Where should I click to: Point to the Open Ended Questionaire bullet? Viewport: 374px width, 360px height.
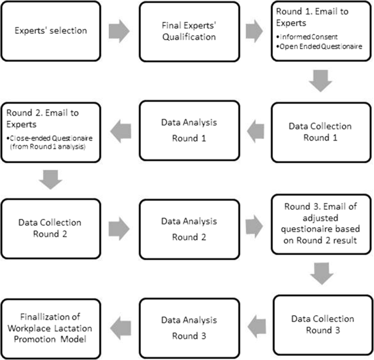click(319, 48)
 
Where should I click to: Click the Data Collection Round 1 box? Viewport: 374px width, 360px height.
click(320, 132)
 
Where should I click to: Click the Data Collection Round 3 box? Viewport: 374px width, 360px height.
click(320, 324)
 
